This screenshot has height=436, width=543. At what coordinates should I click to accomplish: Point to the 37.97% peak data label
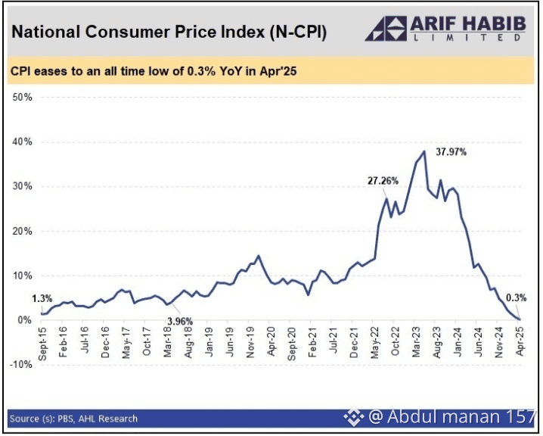point(451,151)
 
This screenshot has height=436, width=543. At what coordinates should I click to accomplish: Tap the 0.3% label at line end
point(517,297)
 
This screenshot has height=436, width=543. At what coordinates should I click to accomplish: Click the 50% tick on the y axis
point(21,98)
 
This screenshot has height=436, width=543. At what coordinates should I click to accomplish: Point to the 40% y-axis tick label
point(21,142)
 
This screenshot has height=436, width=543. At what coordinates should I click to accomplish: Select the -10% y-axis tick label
point(20,364)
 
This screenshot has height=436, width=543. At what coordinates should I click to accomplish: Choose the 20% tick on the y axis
point(21,231)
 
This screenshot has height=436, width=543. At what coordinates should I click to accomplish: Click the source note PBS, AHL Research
point(74,418)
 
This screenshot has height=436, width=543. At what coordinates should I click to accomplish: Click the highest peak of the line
point(424,151)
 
